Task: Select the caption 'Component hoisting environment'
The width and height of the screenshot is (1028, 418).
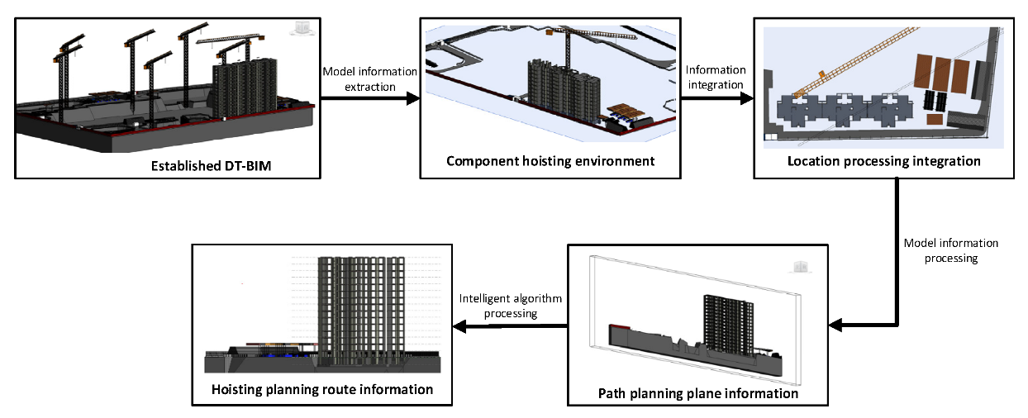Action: coord(550,160)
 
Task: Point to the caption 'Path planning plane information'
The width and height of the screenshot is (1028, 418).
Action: coord(697,393)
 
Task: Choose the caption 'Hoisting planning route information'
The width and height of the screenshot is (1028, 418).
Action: coord(322,389)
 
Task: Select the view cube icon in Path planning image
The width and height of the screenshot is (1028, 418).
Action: coord(799,267)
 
